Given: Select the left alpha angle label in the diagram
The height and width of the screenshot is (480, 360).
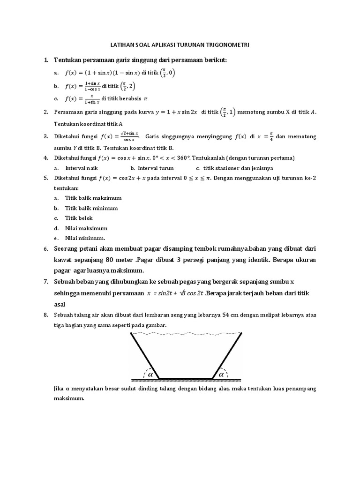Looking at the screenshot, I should coord(150,374).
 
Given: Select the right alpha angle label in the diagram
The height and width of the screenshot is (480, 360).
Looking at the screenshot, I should coord(221,374).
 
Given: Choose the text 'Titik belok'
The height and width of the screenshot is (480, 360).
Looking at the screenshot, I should coord(79,218).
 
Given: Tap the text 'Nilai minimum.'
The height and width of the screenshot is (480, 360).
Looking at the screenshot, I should coord(85,238).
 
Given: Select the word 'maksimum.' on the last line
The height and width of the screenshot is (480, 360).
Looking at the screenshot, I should coord(69,399).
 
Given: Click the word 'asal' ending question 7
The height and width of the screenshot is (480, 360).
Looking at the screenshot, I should coord(60,304).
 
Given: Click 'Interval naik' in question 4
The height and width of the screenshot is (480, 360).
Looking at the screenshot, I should coord(82,168).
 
